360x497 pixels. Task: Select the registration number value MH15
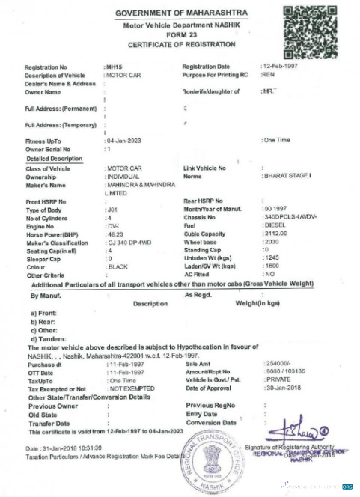(115, 67)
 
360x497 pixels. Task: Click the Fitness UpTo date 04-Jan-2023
(124, 141)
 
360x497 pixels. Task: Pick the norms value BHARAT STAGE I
(288, 176)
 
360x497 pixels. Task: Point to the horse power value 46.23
(116, 234)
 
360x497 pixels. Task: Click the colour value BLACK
(118, 266)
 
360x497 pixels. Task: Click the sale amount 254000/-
(279, 362)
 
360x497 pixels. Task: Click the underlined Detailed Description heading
(54, 159)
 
